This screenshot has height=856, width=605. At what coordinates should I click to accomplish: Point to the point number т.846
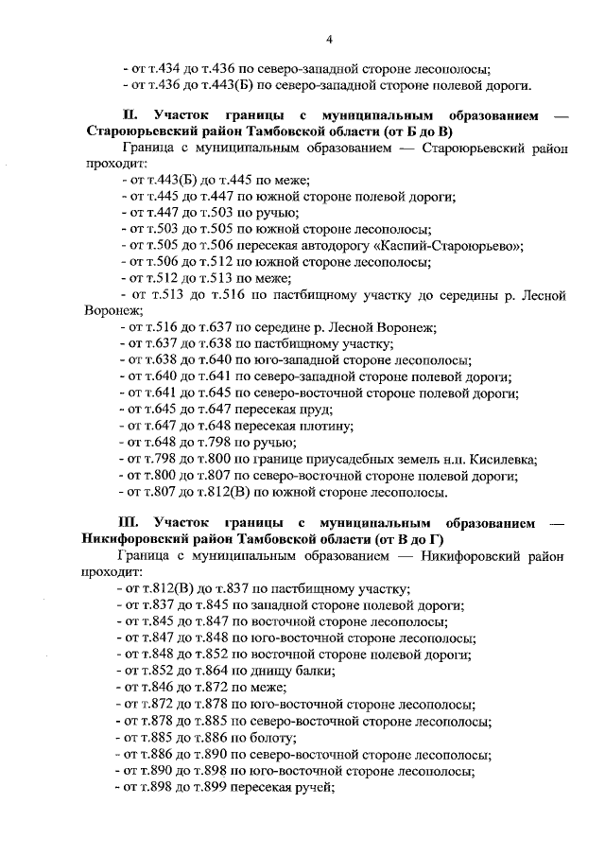pyautogui.click(x=155, y=688)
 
